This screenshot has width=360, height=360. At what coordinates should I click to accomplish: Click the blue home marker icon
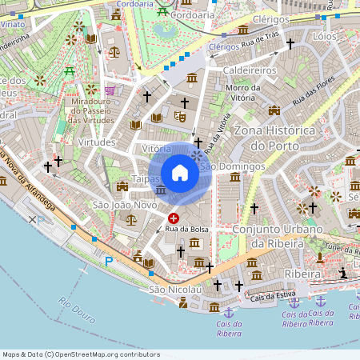coord(180,173)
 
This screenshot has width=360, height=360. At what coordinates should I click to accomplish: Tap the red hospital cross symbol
coord(174,218)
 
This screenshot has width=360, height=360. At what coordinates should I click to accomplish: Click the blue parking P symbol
coord(109,261)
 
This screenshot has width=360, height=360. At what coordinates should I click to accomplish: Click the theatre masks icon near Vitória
coord(180,117)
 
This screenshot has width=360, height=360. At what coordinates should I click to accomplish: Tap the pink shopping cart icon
coord(110,90)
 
